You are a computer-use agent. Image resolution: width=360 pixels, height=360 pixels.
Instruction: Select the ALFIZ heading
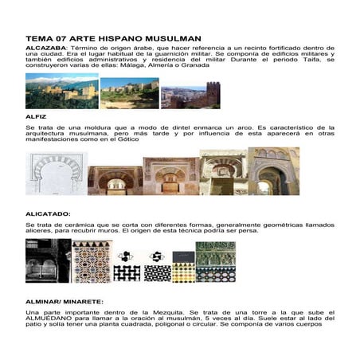click(37, 116)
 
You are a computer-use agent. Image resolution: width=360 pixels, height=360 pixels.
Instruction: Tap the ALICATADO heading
click(49, 213)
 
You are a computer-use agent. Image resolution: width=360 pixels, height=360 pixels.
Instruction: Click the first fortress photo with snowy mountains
click(62, 91)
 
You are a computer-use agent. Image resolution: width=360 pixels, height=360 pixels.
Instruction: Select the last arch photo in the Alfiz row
click(273, 170)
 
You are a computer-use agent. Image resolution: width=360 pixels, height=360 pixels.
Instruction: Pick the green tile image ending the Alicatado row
click(215, 261)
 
